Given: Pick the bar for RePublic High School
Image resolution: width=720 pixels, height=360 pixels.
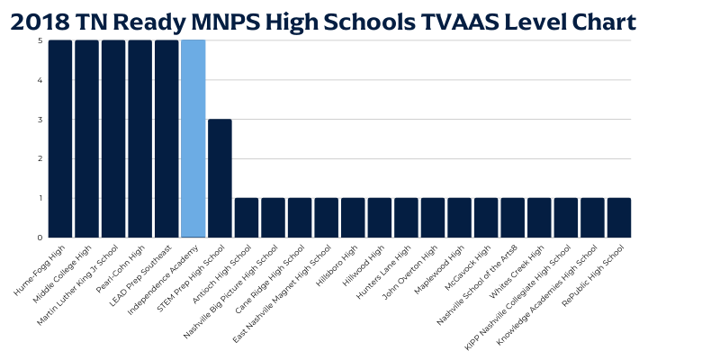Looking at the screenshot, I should click(619, 218).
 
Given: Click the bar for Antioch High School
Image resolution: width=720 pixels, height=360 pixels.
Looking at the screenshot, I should click(247, 218).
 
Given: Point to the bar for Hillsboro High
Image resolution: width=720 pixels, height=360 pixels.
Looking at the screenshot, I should click(353, 218).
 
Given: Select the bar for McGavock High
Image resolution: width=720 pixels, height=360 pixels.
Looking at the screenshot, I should click(486, 218).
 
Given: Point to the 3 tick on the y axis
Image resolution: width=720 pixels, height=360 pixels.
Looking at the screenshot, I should click(40, 120).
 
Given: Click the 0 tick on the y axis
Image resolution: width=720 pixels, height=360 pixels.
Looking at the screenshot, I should click(40, 238).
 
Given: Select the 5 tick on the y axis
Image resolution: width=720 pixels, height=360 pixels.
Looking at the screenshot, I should click(40, 41).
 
